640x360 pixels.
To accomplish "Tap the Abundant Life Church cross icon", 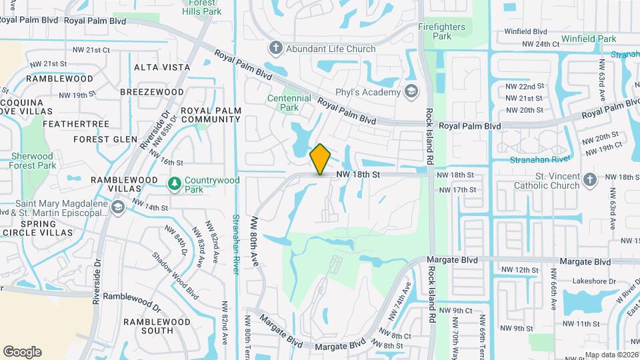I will click(276, 48).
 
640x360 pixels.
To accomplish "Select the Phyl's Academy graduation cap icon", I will click(411, 91).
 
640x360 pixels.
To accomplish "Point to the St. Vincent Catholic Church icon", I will click(589, 179).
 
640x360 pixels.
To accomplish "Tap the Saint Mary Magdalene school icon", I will click(119, 208).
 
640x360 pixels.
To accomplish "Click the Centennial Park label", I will click(289, 103).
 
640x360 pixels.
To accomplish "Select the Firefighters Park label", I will click(446, 32).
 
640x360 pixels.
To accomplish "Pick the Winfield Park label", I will click(589, 39).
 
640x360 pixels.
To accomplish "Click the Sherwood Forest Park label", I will click(33, 160).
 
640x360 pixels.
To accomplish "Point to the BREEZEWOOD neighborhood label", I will click(152, 91).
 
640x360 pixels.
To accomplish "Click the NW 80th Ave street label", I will click(255, 241).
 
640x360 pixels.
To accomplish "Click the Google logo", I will click(22, 351).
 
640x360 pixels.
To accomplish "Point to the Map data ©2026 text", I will click(611, 355).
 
